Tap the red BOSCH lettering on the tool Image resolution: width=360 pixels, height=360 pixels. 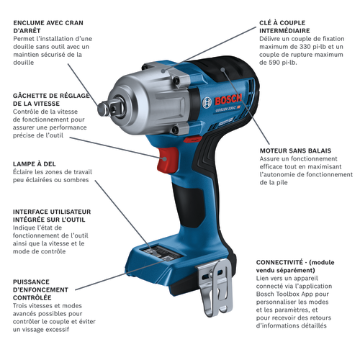coord(228,99)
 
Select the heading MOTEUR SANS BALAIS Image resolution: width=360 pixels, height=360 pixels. coord(295,150)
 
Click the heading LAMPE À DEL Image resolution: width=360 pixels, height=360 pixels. coord(35,164)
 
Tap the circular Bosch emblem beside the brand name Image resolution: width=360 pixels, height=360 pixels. coord(207,103)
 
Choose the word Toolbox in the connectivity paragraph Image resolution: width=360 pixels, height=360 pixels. coord(289,294)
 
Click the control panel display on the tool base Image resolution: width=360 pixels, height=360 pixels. coord(161,253)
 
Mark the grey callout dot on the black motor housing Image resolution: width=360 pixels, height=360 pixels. coord(223,70)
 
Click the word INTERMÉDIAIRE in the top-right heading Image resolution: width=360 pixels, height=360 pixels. coord(284,31)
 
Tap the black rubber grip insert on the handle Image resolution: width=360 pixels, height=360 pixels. coord(189,207)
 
